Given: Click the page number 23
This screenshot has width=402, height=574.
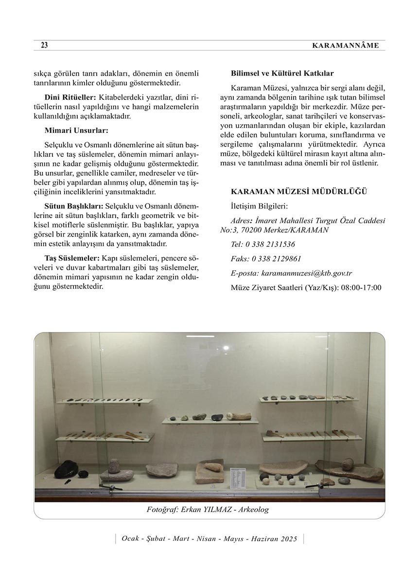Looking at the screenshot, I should click(x=44, y=45).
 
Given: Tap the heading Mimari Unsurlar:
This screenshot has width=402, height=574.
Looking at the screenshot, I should click(x=76, y=130).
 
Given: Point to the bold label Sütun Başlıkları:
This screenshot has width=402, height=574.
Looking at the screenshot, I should click(x=74, y=207).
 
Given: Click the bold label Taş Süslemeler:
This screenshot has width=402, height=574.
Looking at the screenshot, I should click(x=72, y=257).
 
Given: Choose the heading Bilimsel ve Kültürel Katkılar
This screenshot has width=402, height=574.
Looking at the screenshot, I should click(x=282, y=74).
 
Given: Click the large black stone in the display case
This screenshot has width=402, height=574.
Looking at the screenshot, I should click(x=64, y=469).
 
